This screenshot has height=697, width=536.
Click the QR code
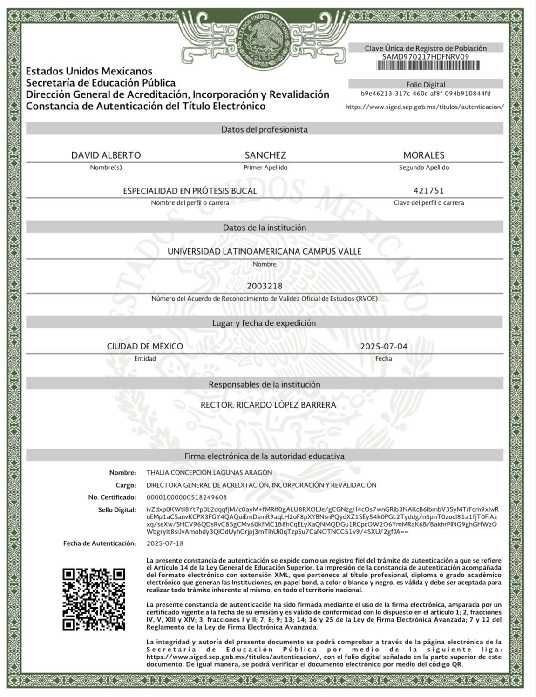[94, 599]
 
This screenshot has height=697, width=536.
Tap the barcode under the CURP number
[427, 66]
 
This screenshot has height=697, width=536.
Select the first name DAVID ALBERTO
[106, 155]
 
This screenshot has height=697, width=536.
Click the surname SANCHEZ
[265, 155]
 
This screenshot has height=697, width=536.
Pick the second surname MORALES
[424, 155]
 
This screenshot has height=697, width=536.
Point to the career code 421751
[428, 190]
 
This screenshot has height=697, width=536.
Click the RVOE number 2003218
[265, 286]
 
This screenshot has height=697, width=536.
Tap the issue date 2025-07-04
[384, 346]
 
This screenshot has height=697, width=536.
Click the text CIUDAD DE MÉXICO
[145, 346]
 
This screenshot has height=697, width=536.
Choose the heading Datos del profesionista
[265, 129]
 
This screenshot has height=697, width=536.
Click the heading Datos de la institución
[265, 228]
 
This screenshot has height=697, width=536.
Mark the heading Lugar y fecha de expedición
[264, 323]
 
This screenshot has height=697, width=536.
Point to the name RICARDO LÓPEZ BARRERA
[286, 405]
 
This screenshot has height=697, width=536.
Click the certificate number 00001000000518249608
[187, 497]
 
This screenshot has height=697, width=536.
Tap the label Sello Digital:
[117, 509]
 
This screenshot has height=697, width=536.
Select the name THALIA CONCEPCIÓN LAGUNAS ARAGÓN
[209, 472]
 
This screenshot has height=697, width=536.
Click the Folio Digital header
[426, 85]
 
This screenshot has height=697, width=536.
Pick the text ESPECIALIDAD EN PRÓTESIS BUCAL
[190, 191]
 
